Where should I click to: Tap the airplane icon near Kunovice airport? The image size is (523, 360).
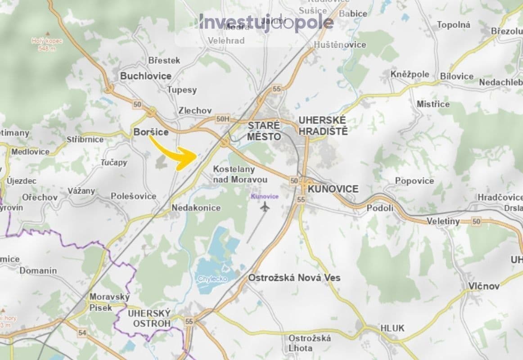(265, 207)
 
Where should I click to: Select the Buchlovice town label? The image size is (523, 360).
(145, 76)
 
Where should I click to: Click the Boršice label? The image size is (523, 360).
(151, 132)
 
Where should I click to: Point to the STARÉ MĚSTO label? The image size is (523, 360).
(264, 130)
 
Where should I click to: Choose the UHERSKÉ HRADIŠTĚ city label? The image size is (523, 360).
(323, 126)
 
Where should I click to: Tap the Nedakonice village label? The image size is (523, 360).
(196, 207)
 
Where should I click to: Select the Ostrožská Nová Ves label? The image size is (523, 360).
(294, 278)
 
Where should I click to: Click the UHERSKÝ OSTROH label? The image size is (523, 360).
(149, 318)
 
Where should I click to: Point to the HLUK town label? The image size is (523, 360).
(392, 328)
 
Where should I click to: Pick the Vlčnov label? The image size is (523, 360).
(484, 286)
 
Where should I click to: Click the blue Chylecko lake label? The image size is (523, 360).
(212, 279)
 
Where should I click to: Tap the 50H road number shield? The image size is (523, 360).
(223, 118)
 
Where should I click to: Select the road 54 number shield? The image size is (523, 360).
(82, 333)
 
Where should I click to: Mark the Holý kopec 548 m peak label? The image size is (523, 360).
(47, 44)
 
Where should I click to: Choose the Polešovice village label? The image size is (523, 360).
(134, 196)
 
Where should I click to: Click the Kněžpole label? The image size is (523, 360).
(410, 74)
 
